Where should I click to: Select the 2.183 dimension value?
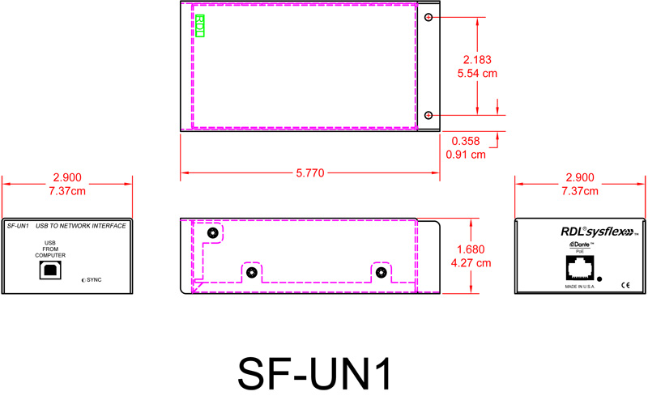coord(478,60)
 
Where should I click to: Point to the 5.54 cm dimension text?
coord(478,74)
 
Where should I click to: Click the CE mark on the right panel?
coord(625,285)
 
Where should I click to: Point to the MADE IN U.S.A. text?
coord(573,287)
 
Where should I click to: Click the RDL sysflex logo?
coord(581,231)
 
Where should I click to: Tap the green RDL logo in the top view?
coord(200,25)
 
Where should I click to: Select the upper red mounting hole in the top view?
coord(429,18)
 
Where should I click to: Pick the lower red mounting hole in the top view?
coord(429,115)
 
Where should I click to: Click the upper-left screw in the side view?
coord(212,233)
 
